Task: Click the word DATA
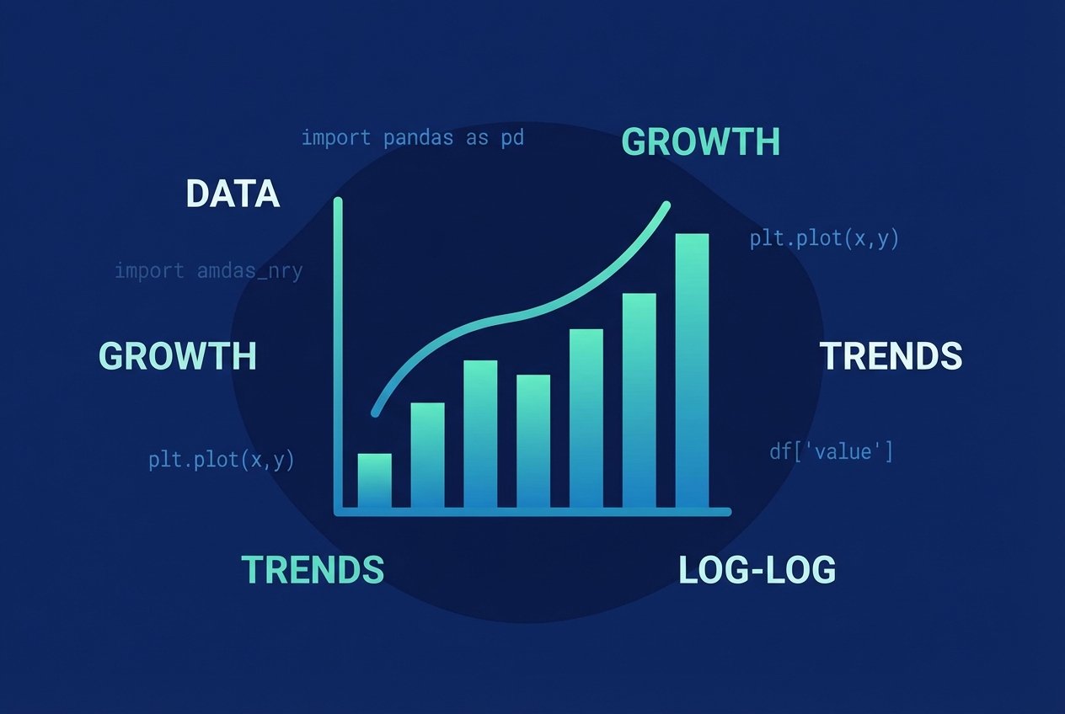(x=233, y=194)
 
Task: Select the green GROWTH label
(x=700, y=142)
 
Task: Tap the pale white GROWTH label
(x=178, y=356)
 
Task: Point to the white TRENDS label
(x=891, y=356)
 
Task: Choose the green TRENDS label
(x=313, y=570)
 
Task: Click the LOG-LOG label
(x=757, y=570)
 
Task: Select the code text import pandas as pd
(x=413, y=137)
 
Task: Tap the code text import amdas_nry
(x=208, y=271)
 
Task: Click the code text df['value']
(x=831, y=451)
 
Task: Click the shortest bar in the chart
(x=374, y=481)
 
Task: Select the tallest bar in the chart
(x=692, y=370)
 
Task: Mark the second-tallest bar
(x=639, y=401)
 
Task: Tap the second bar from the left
(x=427, y=456)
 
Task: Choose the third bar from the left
(x=480, y=434)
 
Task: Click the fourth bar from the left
(x=533, y=441)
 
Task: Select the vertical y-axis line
(x=339, y=354)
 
